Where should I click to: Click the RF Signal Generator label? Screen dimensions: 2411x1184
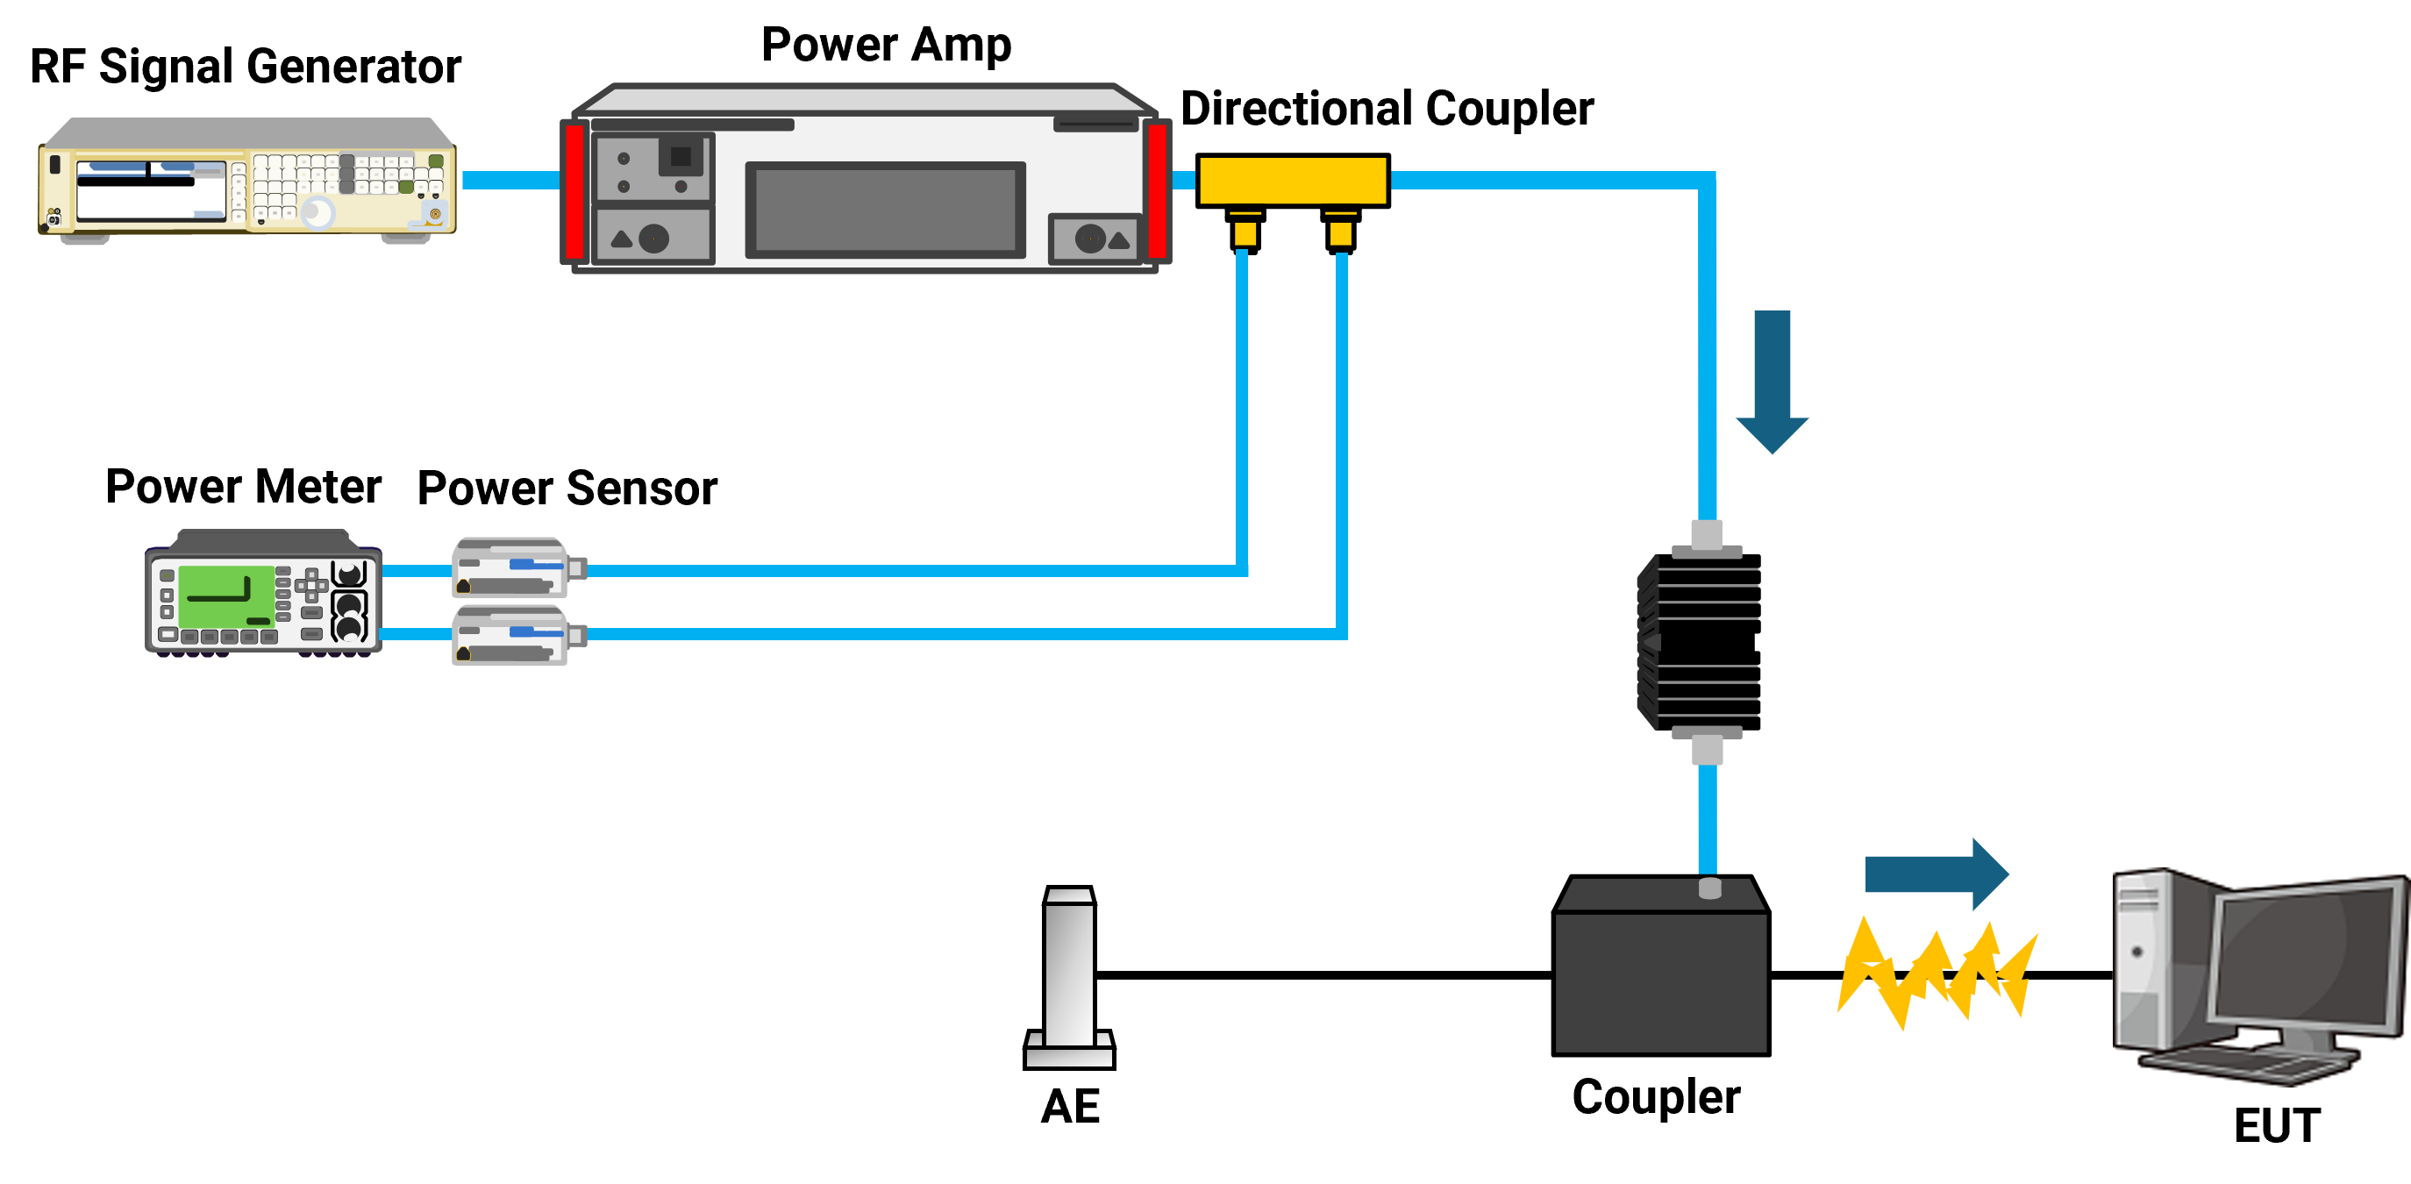point(246,68)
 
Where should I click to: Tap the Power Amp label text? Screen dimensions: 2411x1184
point(887,45)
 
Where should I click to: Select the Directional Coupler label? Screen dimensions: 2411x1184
point(1387,109)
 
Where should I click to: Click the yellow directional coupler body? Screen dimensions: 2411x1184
point(1293,180)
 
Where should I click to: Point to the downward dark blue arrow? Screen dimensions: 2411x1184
point(1772,382)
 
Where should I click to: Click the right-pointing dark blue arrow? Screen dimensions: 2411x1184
point(1937,874)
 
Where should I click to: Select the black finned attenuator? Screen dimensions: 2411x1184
point(1700,642)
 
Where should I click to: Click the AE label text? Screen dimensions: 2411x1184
point(1070,1106)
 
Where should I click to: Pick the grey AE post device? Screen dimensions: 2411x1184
point(1069,977)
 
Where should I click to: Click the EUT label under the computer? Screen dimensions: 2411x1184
point(2276,1125)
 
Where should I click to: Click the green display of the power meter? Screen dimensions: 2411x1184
point(225,596)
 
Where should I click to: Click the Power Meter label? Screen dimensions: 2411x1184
point(243,487)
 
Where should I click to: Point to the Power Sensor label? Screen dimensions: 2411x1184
point(567,489)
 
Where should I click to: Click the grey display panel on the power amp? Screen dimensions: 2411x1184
point(884,210)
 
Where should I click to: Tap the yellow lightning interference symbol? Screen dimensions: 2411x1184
point(1937,974)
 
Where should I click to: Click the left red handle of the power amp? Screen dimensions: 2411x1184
point(574,191)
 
